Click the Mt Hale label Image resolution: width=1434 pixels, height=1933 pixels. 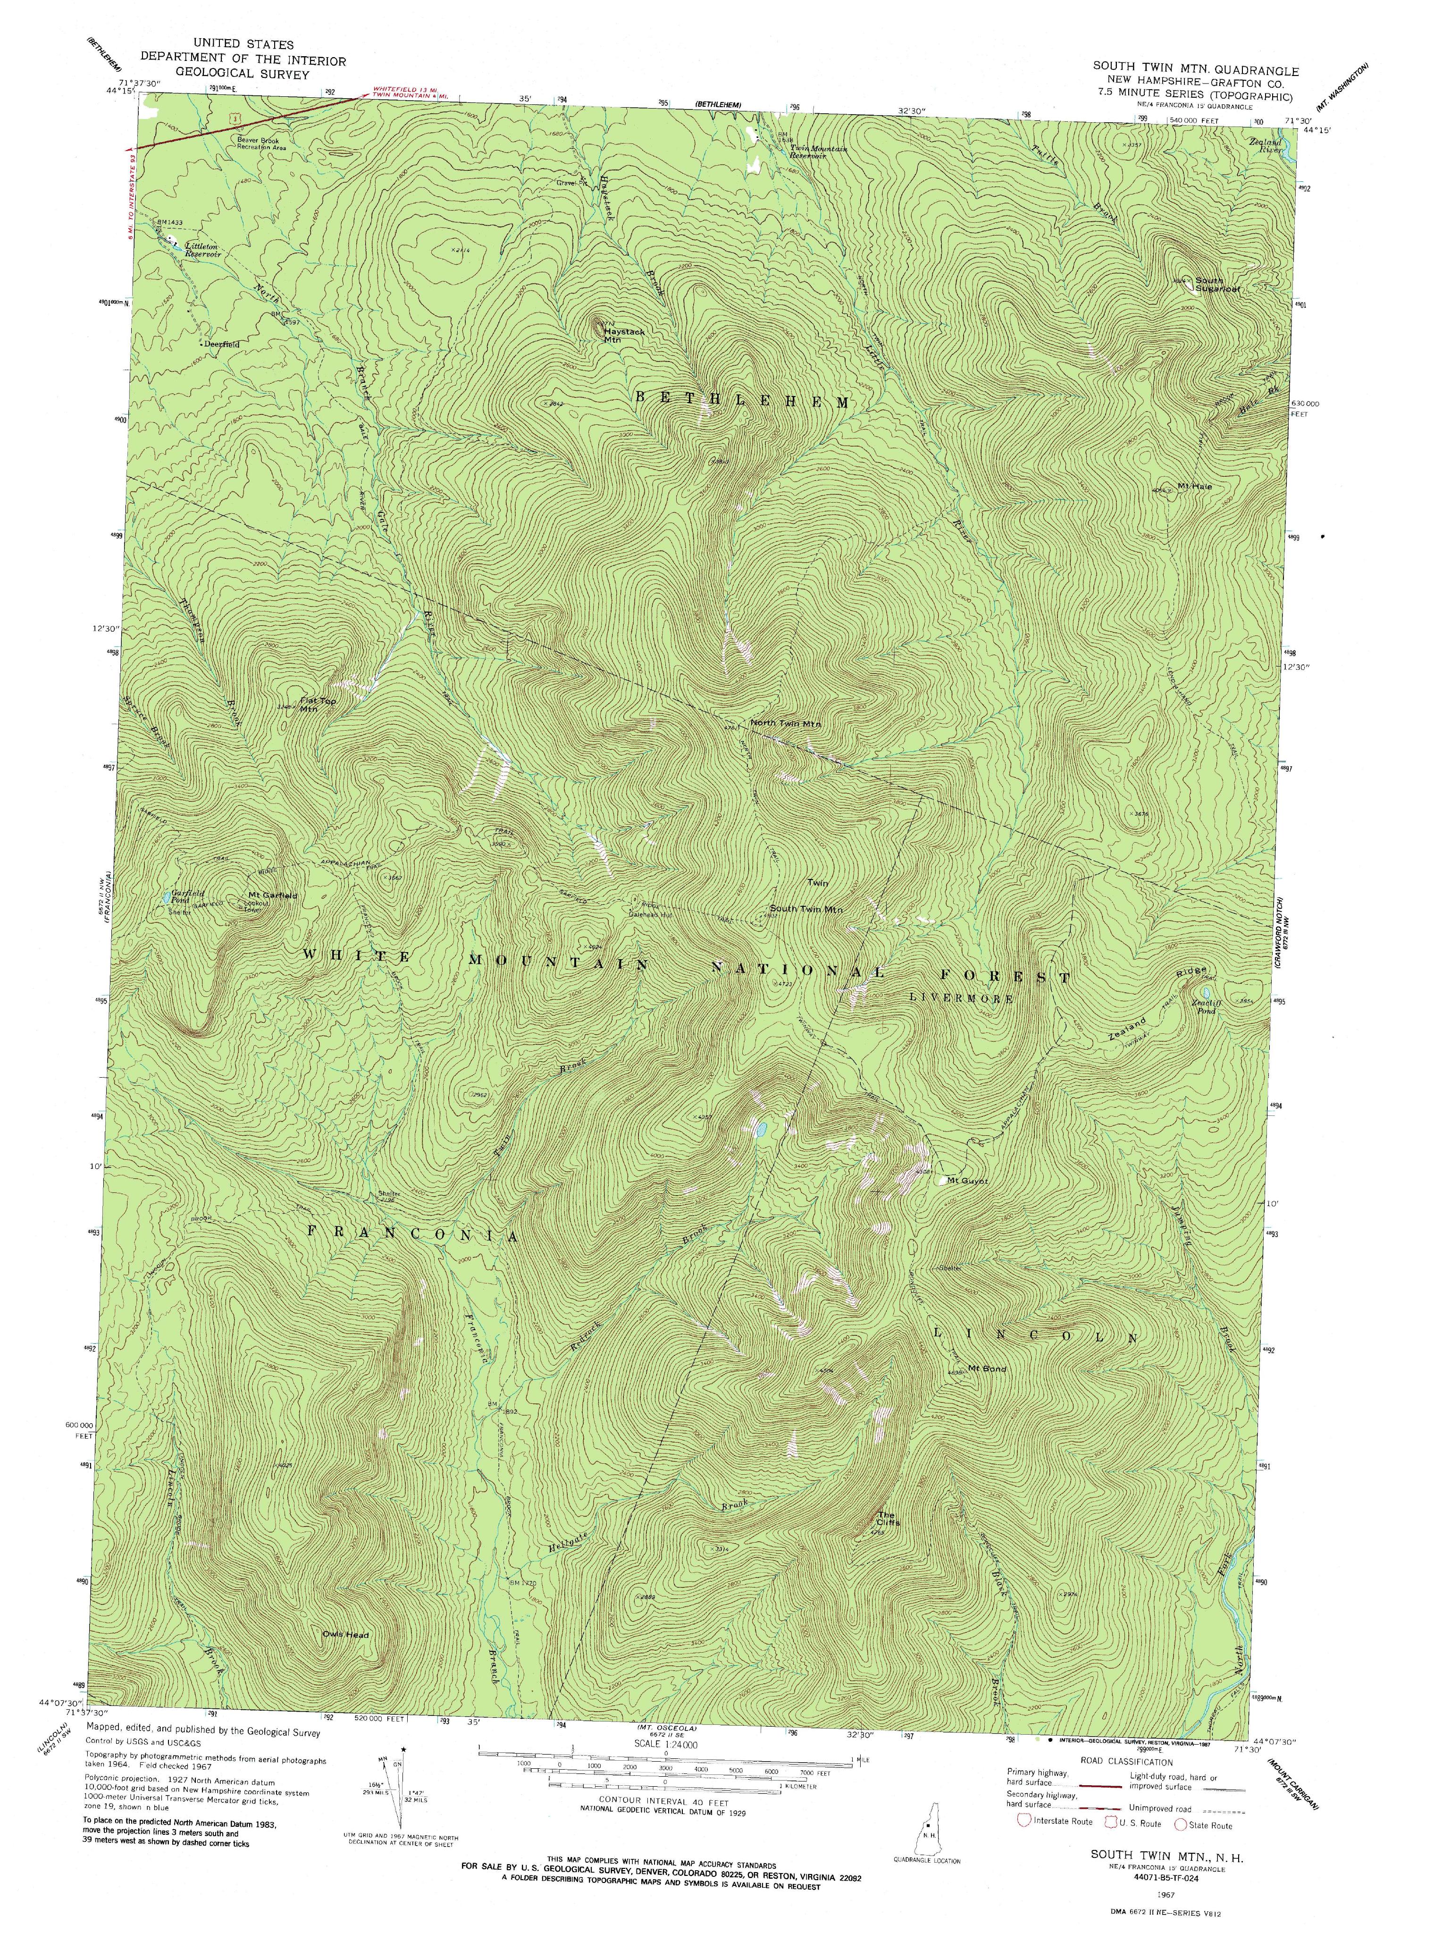tap(1193, 487)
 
